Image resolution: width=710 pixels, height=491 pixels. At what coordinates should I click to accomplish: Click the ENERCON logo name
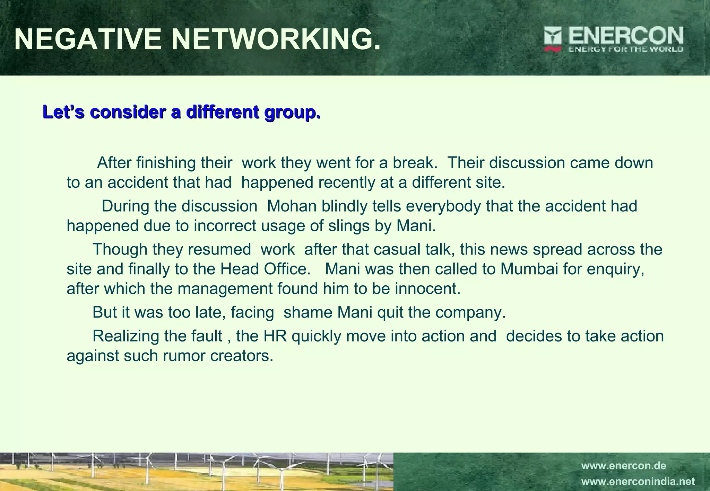point(626,36)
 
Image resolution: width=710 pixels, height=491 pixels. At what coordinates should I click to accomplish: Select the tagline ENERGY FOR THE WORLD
point(626,49)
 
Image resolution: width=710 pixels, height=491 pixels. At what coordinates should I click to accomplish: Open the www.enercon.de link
point(623,466)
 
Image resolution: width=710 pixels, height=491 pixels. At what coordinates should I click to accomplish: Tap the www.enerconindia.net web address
point(638,482)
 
